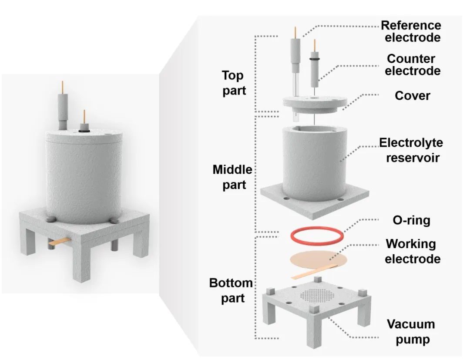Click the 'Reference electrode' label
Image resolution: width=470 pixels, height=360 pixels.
click(410, 31)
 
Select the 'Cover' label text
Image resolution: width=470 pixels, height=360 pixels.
click(412, 95)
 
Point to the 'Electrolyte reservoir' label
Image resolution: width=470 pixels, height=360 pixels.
click(410, 149)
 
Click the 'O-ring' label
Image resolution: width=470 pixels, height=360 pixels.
click(411, 220)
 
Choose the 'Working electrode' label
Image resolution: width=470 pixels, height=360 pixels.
click(410, 251)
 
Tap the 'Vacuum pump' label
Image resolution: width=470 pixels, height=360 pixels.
click(411, 331)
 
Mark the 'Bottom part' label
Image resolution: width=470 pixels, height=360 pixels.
click(231, 290)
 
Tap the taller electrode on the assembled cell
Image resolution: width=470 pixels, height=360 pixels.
click(64, 107)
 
